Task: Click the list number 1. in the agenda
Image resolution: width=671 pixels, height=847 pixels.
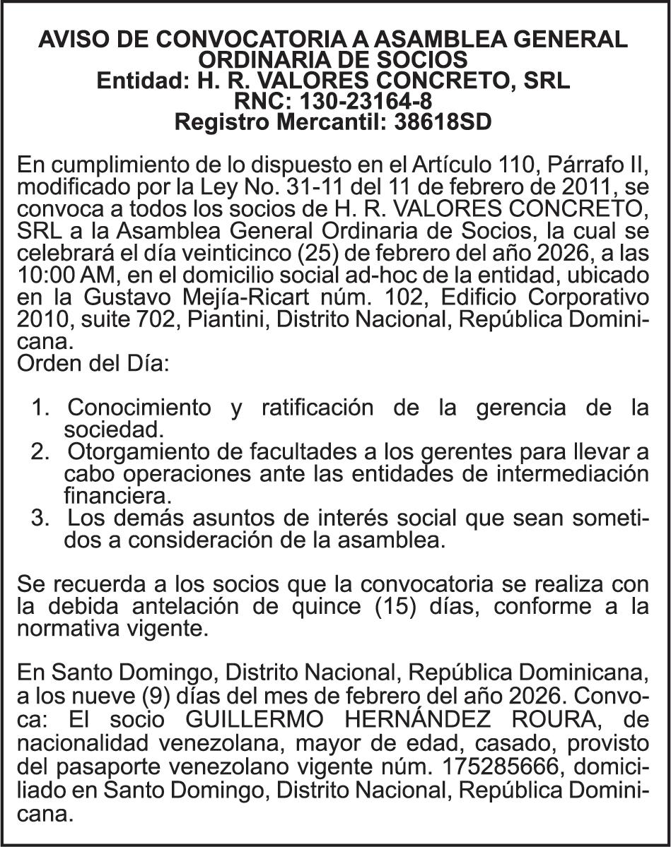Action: (x=42, y=408)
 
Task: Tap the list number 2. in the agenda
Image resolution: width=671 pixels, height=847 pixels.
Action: (x=42, y=451)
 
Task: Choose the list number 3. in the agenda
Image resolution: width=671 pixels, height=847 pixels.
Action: (x=42, y=519)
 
